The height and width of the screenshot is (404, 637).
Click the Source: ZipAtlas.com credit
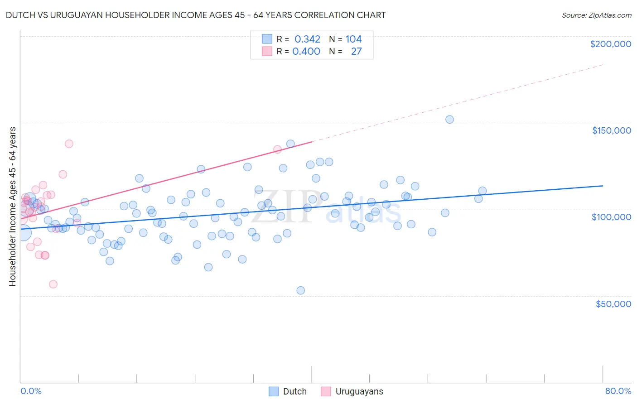596,15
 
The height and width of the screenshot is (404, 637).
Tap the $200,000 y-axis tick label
610,44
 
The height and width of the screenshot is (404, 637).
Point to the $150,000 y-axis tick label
611,130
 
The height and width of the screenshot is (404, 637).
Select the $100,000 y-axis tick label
611,217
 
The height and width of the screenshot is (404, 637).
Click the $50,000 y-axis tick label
613,303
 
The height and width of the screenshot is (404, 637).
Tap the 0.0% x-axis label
31,391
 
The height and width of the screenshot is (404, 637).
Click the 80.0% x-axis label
618,391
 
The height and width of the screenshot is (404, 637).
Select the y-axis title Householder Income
12,206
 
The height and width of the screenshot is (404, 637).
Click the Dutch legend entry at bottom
288,391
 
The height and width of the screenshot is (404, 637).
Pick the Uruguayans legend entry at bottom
352,391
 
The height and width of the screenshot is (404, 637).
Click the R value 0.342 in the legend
307,39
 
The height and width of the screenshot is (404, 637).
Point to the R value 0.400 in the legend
306,52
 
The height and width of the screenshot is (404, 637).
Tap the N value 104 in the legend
353,39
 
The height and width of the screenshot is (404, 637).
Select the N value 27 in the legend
356,52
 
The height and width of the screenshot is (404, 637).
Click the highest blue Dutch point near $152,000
449,120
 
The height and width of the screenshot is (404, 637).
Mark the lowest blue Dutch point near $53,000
300,290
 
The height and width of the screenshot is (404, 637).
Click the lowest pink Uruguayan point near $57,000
53,284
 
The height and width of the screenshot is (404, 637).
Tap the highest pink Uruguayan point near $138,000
69,144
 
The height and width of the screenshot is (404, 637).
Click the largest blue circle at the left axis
23,233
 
